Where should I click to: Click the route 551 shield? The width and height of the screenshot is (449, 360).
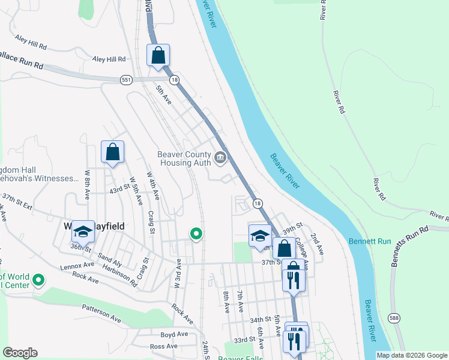pos(126,80)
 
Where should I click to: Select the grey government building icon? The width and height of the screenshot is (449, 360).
pos(220,158)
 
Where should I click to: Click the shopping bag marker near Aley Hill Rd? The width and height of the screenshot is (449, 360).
pos(158,56)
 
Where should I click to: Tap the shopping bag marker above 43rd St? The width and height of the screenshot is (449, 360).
pos(112,152)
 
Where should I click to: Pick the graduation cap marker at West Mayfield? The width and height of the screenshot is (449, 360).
pos(82,230)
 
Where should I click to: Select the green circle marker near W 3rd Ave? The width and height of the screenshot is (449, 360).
pos(196,235)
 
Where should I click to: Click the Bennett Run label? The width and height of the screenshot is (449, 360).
pos(370,241)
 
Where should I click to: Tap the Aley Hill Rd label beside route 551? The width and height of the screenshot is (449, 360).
pos(109,59)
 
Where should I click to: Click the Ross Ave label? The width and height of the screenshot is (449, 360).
pos(164,346)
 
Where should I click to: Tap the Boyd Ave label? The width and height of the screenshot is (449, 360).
pos(174,334)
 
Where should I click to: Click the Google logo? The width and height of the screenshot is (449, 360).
pos(20,353)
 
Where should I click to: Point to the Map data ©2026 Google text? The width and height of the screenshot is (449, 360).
pos(411,355)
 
